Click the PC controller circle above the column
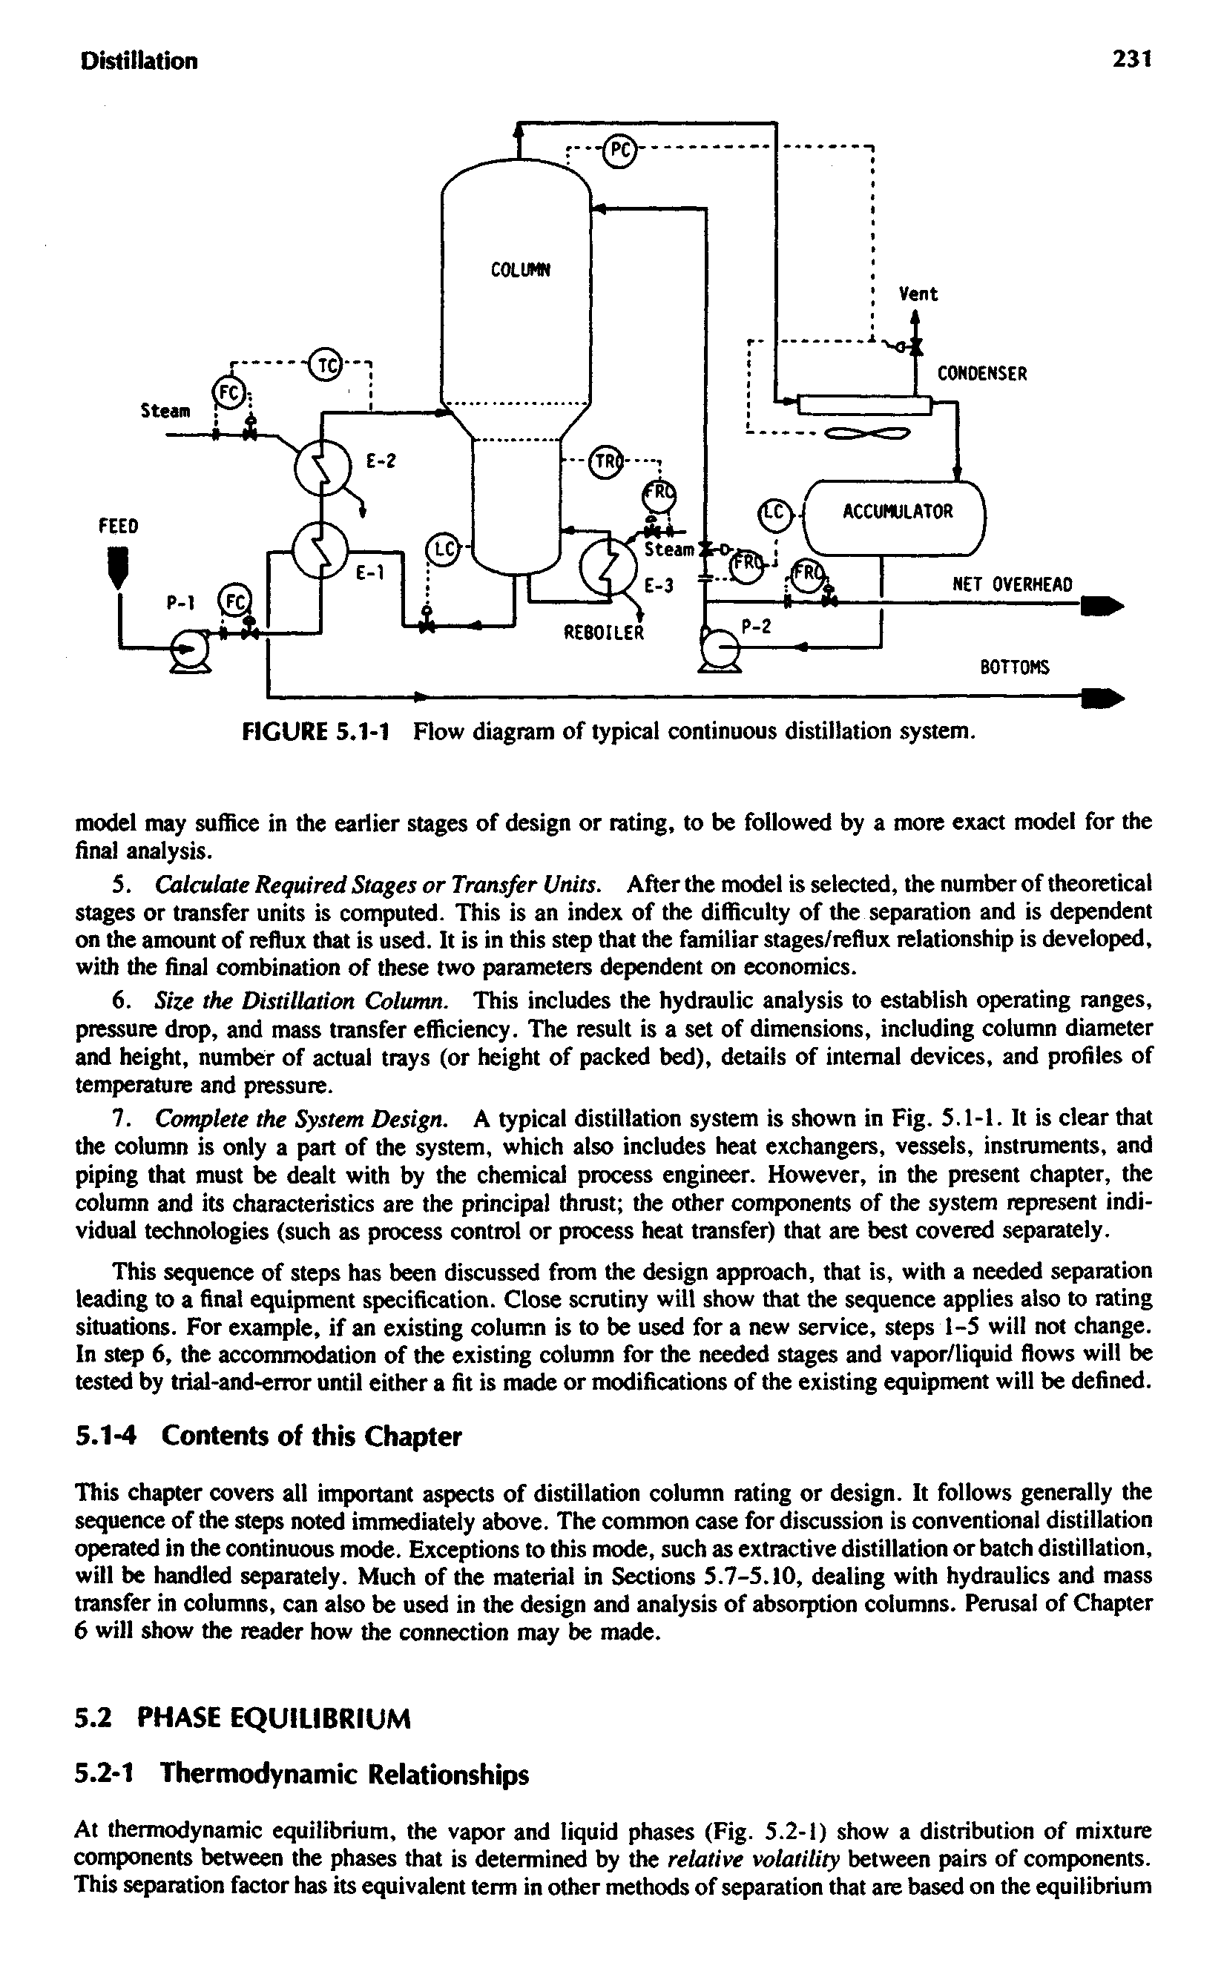point(619,151)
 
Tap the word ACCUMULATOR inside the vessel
point(898,512)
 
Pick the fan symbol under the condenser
point(867,435)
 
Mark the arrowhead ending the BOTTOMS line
point(1108,699)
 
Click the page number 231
point(1131,60)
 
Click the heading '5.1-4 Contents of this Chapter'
point(268,1436)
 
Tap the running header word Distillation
point(139,61)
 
